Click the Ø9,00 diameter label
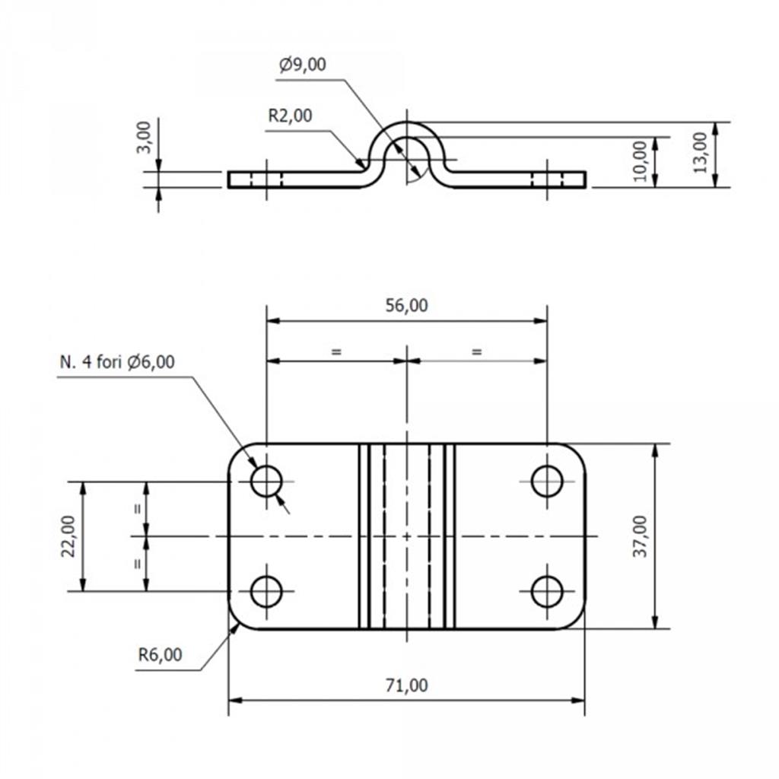coord(303,65)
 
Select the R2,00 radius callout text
coord(290,116)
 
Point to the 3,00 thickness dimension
coord(144,138)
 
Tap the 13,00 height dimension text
coord(700,152)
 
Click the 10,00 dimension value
coord(641,161)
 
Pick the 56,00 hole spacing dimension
coord(406,305)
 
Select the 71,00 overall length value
coord(406,685)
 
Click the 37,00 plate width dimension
coord(641,536)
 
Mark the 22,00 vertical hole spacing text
coord(68,536)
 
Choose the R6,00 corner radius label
coord(160,655)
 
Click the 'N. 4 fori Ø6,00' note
coord(117,361)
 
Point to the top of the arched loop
coord(406,122)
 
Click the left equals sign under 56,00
coord(336,352)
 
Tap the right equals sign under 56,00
coord(476,352)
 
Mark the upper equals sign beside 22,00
coord(138,509)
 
